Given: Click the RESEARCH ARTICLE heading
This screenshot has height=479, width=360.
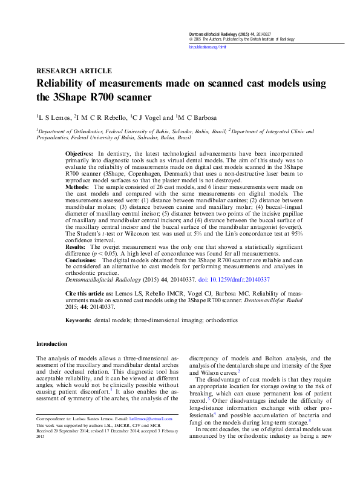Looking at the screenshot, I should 74,70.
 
